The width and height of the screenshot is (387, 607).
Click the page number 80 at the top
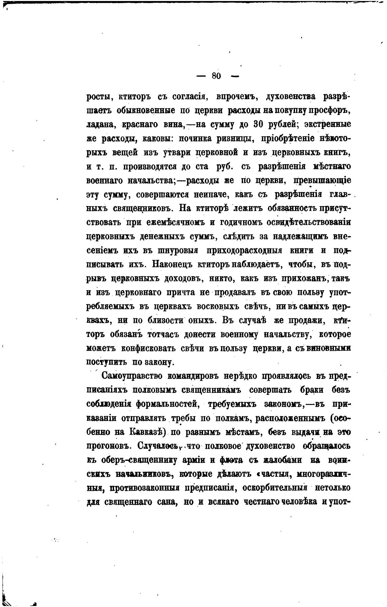217,76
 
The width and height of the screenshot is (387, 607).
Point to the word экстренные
328,124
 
